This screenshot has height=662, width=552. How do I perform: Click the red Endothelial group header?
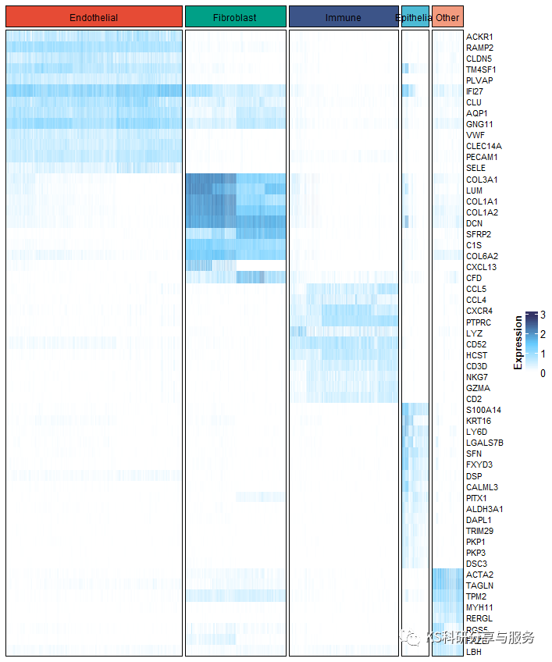(94, 17)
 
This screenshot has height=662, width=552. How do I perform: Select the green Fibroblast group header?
(235, 17)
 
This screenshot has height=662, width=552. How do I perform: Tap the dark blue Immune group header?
(344, 17)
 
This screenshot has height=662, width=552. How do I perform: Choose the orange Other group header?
(447, 17)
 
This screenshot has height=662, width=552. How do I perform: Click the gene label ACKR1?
(479, 37)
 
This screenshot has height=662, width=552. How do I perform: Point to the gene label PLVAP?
(479, 80)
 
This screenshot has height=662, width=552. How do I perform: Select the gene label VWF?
(475, 135)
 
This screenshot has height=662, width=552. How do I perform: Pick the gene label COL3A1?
(482, 180)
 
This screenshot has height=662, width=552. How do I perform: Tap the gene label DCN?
(475, 223)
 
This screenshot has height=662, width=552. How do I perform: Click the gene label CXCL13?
(482, 267)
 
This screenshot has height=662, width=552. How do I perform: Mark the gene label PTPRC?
(479, 322)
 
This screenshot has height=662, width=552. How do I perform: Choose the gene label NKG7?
(477, 377)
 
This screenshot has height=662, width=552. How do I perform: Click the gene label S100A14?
(483, 410)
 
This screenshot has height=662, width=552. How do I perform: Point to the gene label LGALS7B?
(485, 443)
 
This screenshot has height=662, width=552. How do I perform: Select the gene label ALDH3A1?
(484, 509)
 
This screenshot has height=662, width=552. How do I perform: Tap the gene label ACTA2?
(479, 575)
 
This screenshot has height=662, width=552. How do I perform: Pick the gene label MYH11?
(479, 607)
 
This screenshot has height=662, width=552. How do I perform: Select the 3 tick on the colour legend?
(543, 315)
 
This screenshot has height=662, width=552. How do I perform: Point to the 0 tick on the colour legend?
(543, 373)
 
